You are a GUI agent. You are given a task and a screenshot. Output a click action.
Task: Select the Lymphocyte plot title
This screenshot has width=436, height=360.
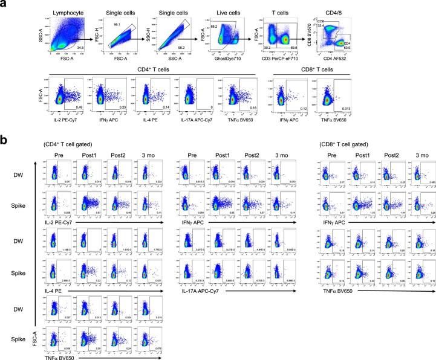point(69,12)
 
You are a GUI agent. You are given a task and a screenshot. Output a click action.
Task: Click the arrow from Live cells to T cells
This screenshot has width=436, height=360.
point(253,37)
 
